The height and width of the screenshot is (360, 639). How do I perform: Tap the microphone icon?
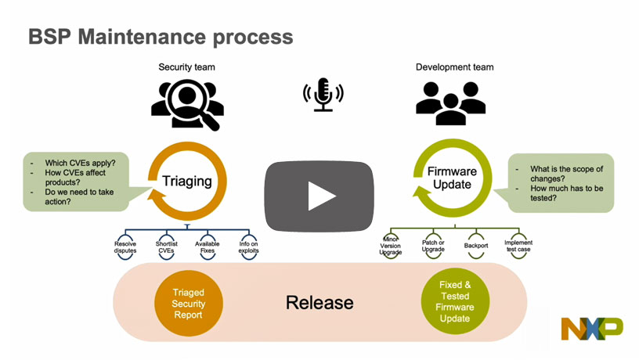tap(323, 95)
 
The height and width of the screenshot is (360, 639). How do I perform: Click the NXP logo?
tap(591, 329)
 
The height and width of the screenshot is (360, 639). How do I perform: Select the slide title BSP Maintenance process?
tap(161, 37)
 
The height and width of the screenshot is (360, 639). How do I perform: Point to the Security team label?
tap(186, 67)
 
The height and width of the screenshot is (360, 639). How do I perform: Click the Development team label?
tap(454, 67)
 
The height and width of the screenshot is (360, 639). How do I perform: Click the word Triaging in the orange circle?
tap(187, 181)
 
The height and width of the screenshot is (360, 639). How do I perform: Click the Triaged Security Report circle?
tap(188, 303)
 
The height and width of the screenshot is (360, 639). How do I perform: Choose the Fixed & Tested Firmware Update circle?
tap(454, 302)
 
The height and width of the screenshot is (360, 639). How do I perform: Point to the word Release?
tap(319, 303)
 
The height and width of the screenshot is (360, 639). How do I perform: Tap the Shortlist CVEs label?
tap(168, 247)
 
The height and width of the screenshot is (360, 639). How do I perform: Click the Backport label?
tap(477, 243)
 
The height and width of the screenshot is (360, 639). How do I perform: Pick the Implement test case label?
tap(518, 247)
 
